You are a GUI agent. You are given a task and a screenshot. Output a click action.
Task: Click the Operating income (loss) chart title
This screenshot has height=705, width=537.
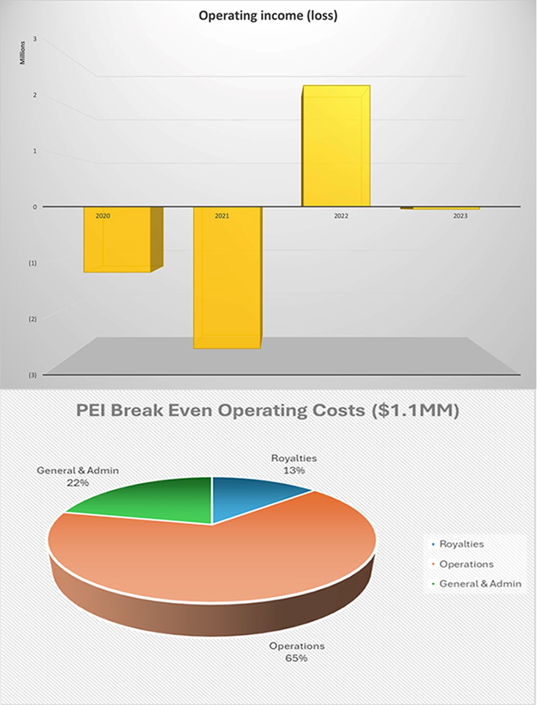coord(268,16)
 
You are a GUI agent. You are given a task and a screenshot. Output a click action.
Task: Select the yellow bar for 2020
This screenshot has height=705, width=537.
coord(117,243)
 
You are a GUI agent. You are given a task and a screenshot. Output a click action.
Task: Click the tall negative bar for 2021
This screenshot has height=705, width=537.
coord(227,278)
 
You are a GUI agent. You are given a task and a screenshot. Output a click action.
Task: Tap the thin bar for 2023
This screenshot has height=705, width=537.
coord(445,208)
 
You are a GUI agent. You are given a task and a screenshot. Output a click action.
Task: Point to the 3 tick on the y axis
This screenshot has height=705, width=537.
coord(35,39)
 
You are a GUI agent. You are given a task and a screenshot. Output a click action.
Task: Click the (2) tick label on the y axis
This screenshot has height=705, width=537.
coord(32,319)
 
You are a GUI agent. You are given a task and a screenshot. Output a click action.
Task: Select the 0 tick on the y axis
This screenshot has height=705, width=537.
coord(35,207)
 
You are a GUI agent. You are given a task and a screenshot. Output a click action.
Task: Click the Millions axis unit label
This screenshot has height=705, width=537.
coord(23,53)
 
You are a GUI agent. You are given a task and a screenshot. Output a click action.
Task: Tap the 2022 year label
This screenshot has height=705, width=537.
coord(341,216)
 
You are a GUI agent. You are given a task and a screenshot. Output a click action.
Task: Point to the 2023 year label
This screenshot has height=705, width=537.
coord(460,216)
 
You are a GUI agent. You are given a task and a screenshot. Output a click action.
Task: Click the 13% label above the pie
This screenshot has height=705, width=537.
coord(294,470)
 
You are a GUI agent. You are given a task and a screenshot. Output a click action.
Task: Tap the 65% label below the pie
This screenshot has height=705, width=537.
coord(296,658)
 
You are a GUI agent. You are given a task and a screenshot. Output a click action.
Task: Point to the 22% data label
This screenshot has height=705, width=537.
coord(78,483)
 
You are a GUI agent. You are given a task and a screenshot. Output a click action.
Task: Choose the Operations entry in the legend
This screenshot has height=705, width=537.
coord(466,564)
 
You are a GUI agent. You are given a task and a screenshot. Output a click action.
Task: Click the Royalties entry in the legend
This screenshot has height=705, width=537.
coord(461,544)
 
